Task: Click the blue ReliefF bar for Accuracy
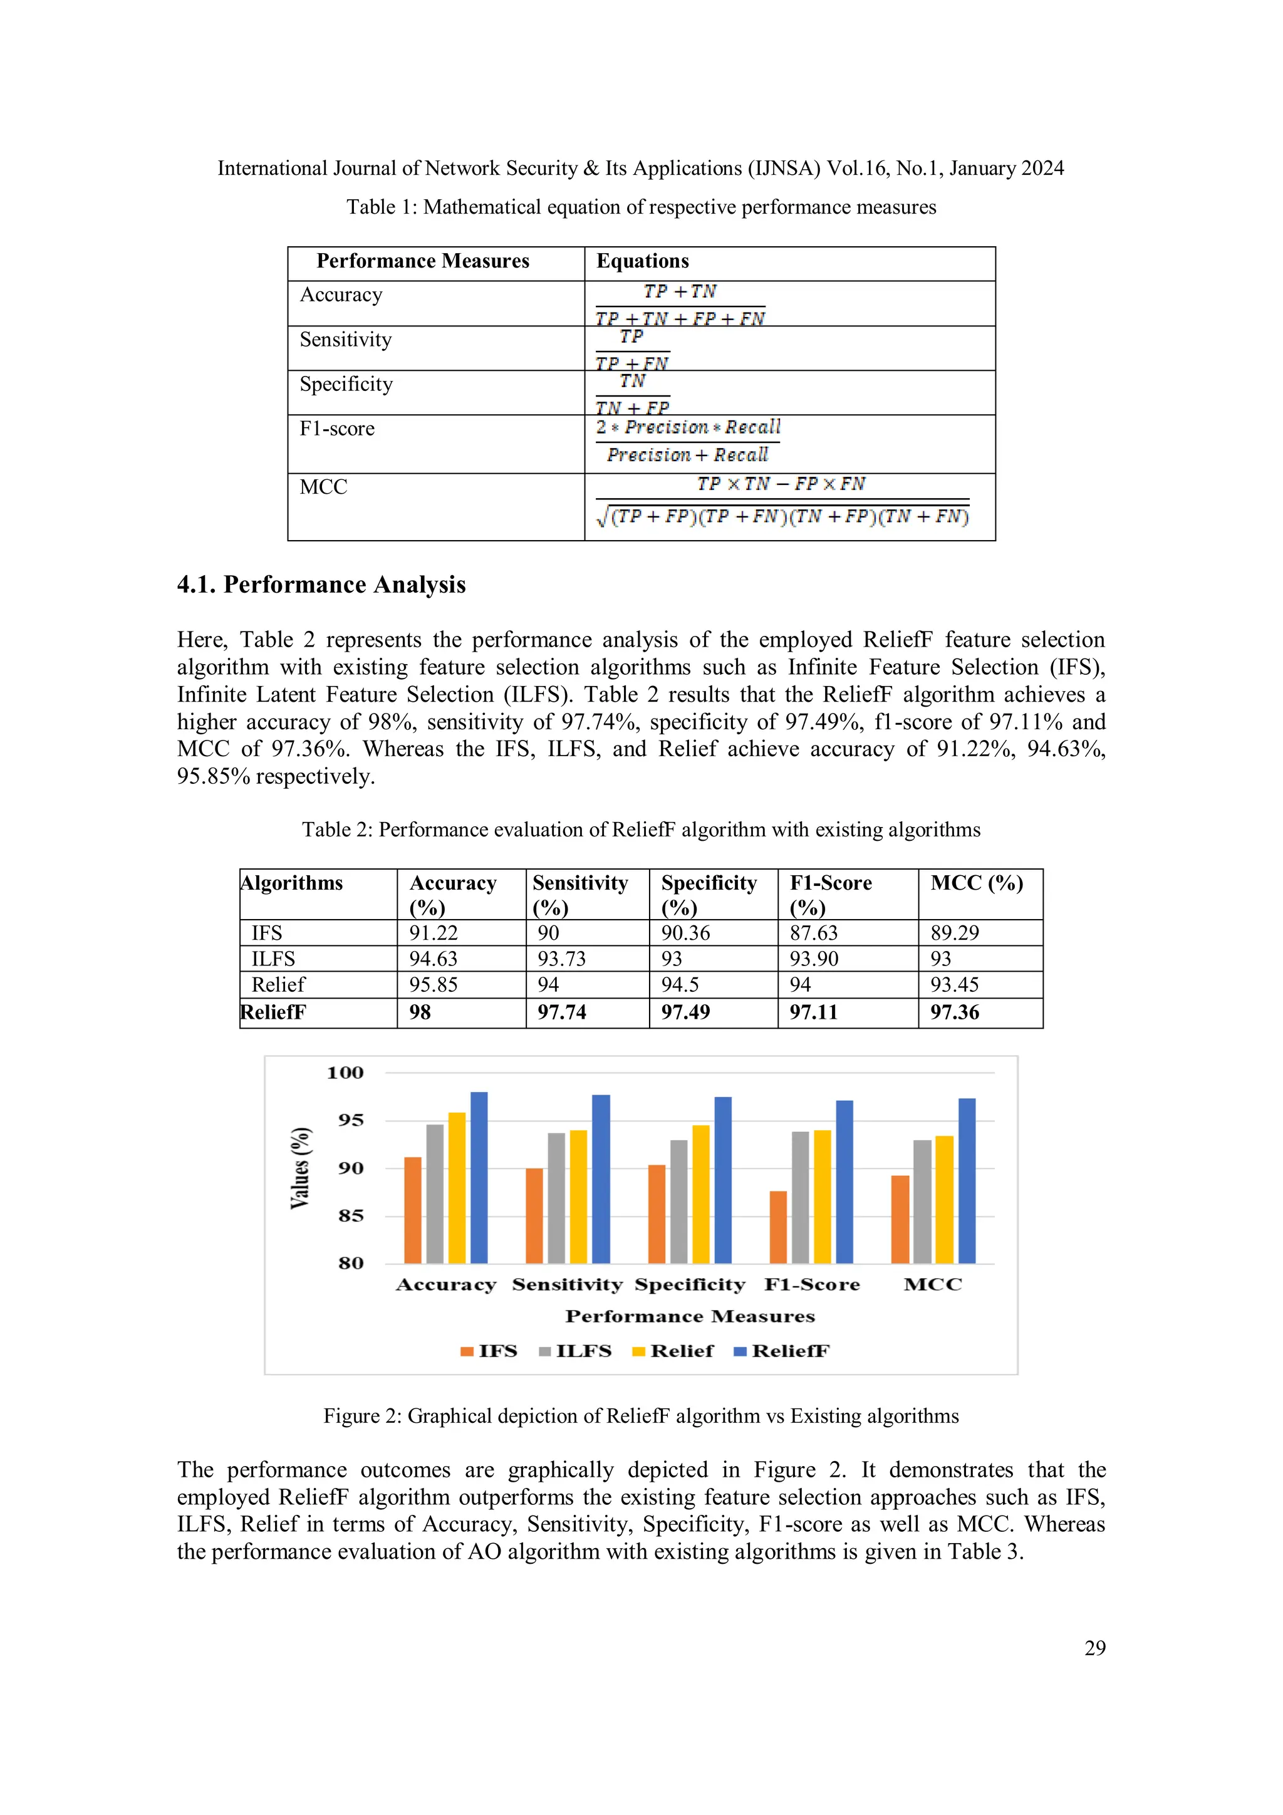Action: [x=479, y=1178]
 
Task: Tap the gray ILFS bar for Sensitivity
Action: [x=556, y=1198]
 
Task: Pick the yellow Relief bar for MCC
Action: [x=944, y=1199]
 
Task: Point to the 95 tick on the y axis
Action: [x=351, y=1120]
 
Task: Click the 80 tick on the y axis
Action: [x=351, y=1263]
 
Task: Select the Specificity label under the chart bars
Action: [x=689, y=1284]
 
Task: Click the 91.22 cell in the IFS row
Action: [x=433, y=933]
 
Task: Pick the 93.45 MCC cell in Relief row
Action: [x=954, y=985]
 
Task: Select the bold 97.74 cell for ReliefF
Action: [x=562, y=1012]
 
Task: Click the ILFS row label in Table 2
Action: [x=274, y=959]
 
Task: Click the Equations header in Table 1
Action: [x=643, y=262]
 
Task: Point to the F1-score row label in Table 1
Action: [x=338, y=429]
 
